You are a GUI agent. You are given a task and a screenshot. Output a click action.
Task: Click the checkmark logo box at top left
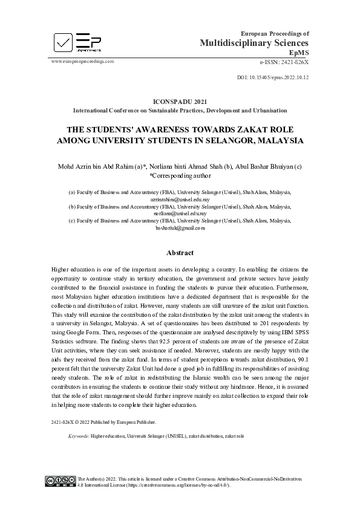[x=62, y=42]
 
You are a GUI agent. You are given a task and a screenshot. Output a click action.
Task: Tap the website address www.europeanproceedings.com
[x=82, y=61]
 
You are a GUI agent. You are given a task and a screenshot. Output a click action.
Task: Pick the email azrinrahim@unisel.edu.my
[x=180, y=198]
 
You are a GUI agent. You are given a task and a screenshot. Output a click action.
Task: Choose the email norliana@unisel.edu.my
[x=180, y=213]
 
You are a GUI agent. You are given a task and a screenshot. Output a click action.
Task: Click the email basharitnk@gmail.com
[x=180, y=229]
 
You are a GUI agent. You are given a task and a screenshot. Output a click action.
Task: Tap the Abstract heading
[x=180, y=253]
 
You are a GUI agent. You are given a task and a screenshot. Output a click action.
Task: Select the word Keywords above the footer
[x=79, y=435]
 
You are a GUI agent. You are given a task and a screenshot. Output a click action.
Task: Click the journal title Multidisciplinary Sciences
[x=254, y=43]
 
